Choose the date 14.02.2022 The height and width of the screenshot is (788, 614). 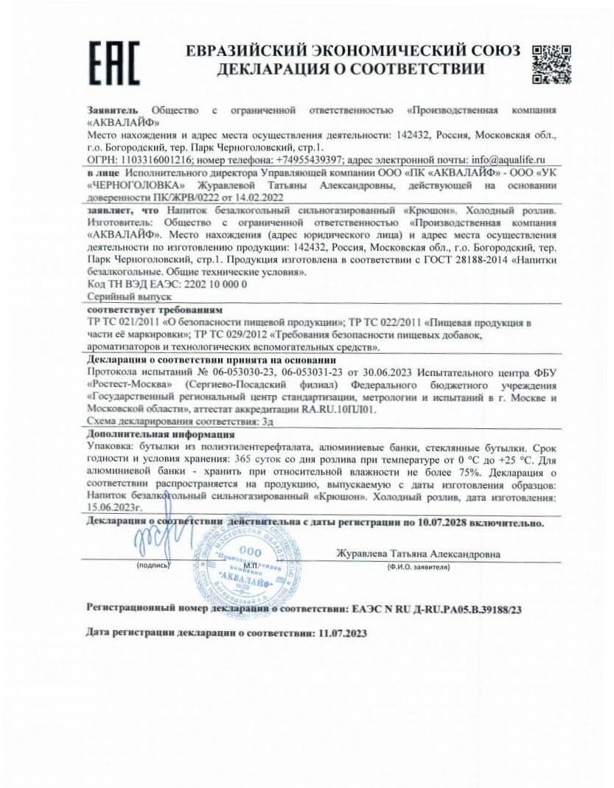point(257,198)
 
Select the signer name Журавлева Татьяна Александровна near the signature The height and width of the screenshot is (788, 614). point(418,554)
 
